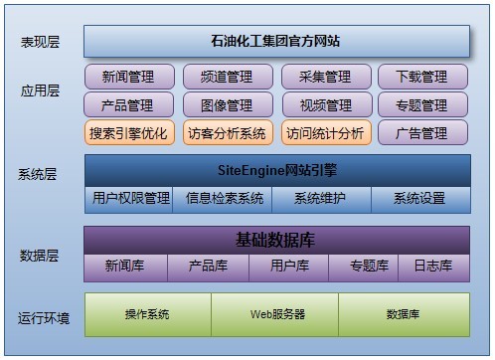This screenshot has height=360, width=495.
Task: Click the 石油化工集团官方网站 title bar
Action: point(276,41)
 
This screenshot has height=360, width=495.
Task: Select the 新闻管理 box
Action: point(127,77)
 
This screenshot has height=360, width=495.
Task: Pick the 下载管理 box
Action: point(421,77)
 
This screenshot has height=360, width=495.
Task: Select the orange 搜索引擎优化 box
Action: point(127,132)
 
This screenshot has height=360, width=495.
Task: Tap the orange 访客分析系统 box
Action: point(226,132)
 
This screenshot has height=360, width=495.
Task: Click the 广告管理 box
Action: point(421,132)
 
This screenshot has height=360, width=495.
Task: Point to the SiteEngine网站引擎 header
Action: point(276,170)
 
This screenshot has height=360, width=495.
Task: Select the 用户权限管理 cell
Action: point(130,199)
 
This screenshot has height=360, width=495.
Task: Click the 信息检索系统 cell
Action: point(225,199)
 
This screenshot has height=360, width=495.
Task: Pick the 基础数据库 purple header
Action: point(276,240)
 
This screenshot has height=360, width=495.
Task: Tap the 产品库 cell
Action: point(208,267)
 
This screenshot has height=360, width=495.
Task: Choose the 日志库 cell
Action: point(433,267)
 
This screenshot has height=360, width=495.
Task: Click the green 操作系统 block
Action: point(147,314)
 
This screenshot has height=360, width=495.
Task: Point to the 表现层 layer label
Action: point(40,42)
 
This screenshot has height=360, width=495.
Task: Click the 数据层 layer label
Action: point(40,256)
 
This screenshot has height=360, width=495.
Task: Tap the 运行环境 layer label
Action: point(44,318)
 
